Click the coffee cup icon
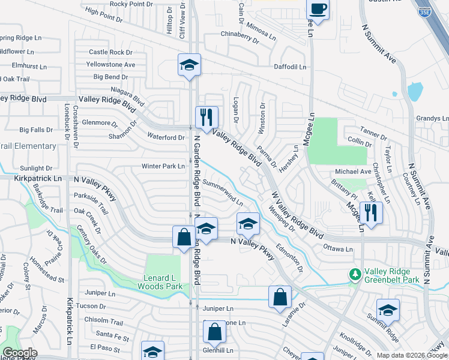point(318,9)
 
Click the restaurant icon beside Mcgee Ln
point(371,212)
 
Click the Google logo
point(20,353)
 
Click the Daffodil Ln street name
point(290,67)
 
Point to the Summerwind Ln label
point(223,191)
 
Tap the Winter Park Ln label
point(163,166)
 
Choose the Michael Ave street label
point(351,172)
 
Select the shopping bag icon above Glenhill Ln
point(214,331)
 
